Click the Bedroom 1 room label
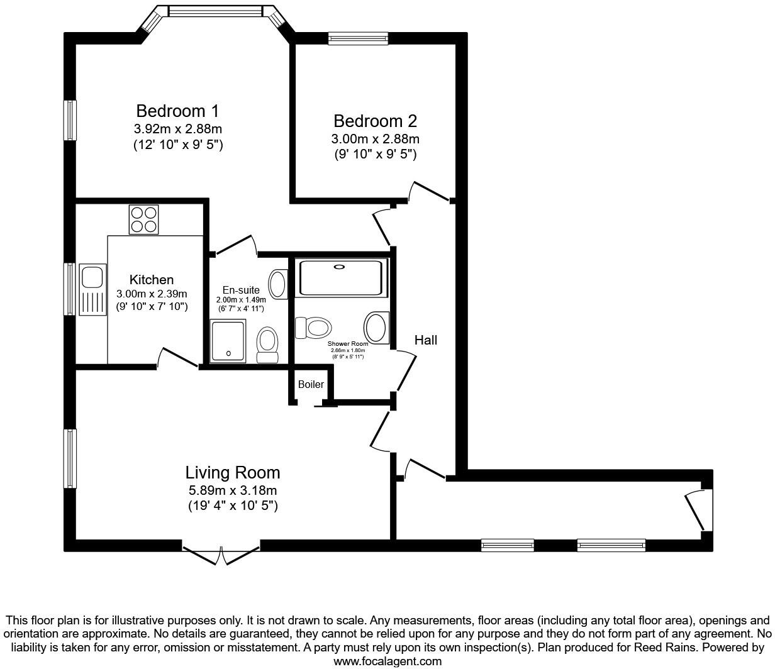pos(177,111)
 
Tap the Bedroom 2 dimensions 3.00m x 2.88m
pos(375,139)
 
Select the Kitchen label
pos(152,280)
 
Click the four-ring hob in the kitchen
pos(143,219)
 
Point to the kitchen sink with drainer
pos(92,290)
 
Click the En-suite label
pos(241,290)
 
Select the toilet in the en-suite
pos(268,345)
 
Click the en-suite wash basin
pos(277,284)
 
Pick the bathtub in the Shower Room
pos(340,277)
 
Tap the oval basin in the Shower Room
pos(376,327)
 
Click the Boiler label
pos(311,384)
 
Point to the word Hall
pos(425,340)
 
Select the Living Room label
pos(232,472)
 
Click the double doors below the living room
pos(221,553)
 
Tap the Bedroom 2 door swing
pos(430,191)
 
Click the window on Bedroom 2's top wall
pos(359,38)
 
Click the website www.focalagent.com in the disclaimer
pos(387,661)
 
